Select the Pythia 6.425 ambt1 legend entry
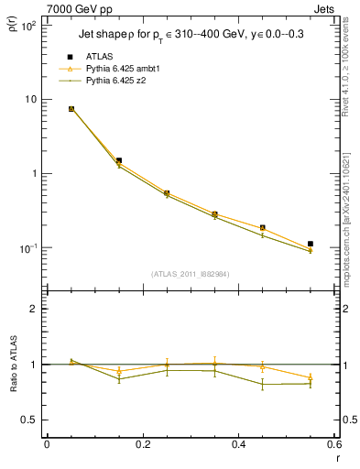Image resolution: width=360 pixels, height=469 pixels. (123, 69)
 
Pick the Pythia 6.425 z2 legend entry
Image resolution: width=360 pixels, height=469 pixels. (116, 81)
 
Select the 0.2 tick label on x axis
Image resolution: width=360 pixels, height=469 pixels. (142, 446)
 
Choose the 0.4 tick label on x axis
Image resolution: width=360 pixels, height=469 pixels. (238, 446)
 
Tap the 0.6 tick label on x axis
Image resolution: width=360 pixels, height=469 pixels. (333, 446)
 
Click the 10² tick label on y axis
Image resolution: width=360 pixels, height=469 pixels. (28, 26)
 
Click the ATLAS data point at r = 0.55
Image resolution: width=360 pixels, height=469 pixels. (311, 244)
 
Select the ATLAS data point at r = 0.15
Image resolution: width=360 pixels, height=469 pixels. (119, 160)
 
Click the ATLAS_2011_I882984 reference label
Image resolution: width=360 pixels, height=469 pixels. (191, 273)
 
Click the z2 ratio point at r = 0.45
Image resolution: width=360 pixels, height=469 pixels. (262, 385)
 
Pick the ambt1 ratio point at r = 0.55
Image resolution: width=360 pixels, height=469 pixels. (311, 377)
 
